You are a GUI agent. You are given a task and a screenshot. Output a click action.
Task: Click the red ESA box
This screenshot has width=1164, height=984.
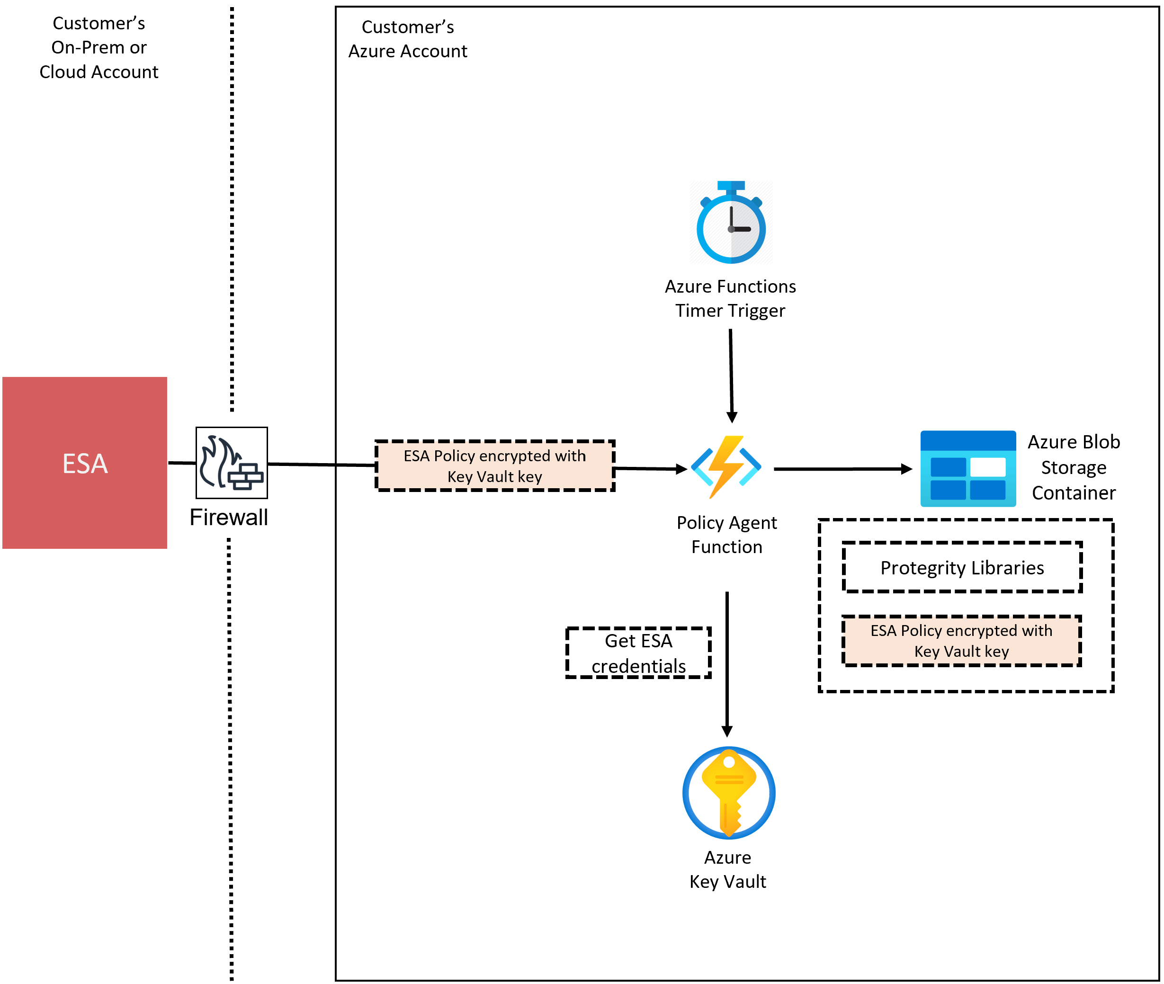tap(85, 463)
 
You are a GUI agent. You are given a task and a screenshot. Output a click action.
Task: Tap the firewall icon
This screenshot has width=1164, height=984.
tap(232, 463)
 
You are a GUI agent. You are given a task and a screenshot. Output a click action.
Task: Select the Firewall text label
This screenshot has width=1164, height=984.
tap(229, 517)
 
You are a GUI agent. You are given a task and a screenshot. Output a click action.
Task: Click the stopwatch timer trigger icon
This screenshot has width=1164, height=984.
tap(731, 222)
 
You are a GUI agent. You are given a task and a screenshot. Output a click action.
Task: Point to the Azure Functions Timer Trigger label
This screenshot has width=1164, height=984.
tap(730, 298)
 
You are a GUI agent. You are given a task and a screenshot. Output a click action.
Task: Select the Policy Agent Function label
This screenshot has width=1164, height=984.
tap(727, 535)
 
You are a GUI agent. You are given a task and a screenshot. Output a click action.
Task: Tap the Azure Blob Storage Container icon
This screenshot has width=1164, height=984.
tap(967, 469)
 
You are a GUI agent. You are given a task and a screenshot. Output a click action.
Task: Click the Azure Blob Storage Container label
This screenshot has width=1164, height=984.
tap(1074, 467)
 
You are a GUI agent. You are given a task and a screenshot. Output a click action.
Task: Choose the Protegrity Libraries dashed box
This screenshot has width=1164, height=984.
tap(962, 567)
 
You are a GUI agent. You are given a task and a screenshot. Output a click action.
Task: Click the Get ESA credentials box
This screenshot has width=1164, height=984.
tap(639, 653)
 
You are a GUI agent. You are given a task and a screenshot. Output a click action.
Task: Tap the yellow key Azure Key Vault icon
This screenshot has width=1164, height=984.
tap(729, 793)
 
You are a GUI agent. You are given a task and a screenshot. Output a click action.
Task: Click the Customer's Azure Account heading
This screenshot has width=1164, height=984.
tap(408, 39)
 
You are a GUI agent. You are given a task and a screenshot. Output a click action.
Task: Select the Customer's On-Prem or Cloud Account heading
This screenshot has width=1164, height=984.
tap(98, 47)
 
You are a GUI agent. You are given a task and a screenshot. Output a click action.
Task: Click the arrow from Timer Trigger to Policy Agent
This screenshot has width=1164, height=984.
tap(731, 376)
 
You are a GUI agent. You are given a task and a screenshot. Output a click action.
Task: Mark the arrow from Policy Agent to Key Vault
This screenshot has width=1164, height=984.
tap(727, 664)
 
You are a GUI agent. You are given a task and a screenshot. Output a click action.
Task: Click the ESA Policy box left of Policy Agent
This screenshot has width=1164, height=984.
tap(495, 466)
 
